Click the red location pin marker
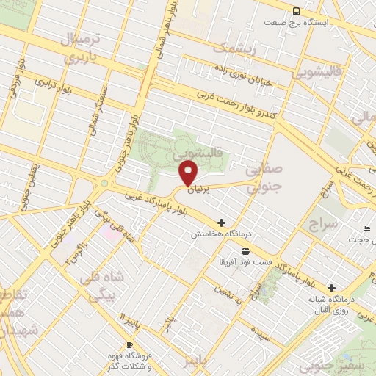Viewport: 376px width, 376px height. [189, 173]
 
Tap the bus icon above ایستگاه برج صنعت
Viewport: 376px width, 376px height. [296, 11]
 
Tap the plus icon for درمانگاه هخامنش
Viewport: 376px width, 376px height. [221, 223]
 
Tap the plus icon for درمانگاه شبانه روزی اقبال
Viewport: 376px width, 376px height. [332, 288]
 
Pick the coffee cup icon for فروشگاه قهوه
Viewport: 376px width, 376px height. [129, 344]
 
